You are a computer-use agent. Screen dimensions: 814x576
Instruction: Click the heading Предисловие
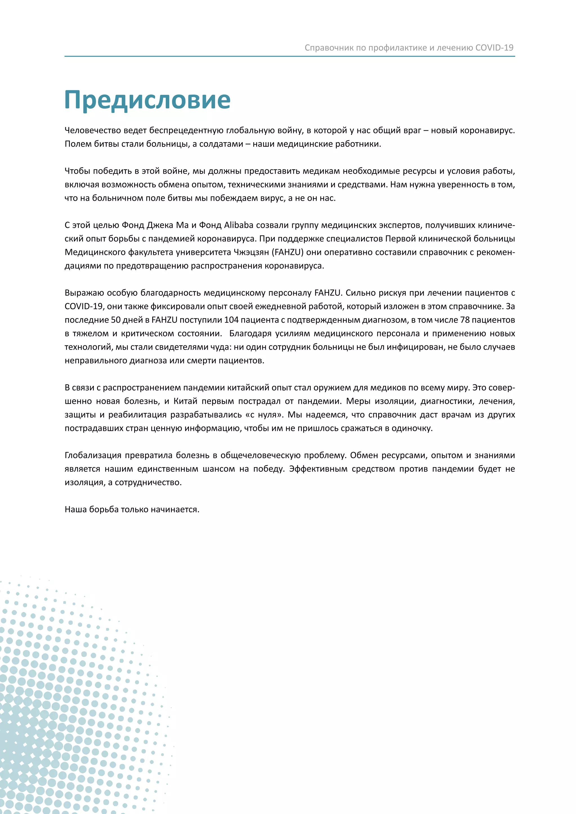pyautogui.click(x=148, y=100)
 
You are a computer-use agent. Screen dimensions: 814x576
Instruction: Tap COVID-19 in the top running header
pyautogui.click(x=494, y=48)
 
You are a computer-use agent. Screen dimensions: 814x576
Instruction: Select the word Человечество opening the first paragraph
pyautogui.click(x=93, y=130)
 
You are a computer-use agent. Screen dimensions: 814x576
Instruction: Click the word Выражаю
pyautogui.click(x=84, y=293)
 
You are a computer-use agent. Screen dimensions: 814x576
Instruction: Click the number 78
pyautogui.click(x=465, y=320)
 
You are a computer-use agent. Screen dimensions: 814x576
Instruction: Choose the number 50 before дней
pyautogui.click(x=116, y=320)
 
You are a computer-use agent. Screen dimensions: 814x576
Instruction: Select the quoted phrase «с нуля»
pyautogui.click(x=264, y=415)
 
